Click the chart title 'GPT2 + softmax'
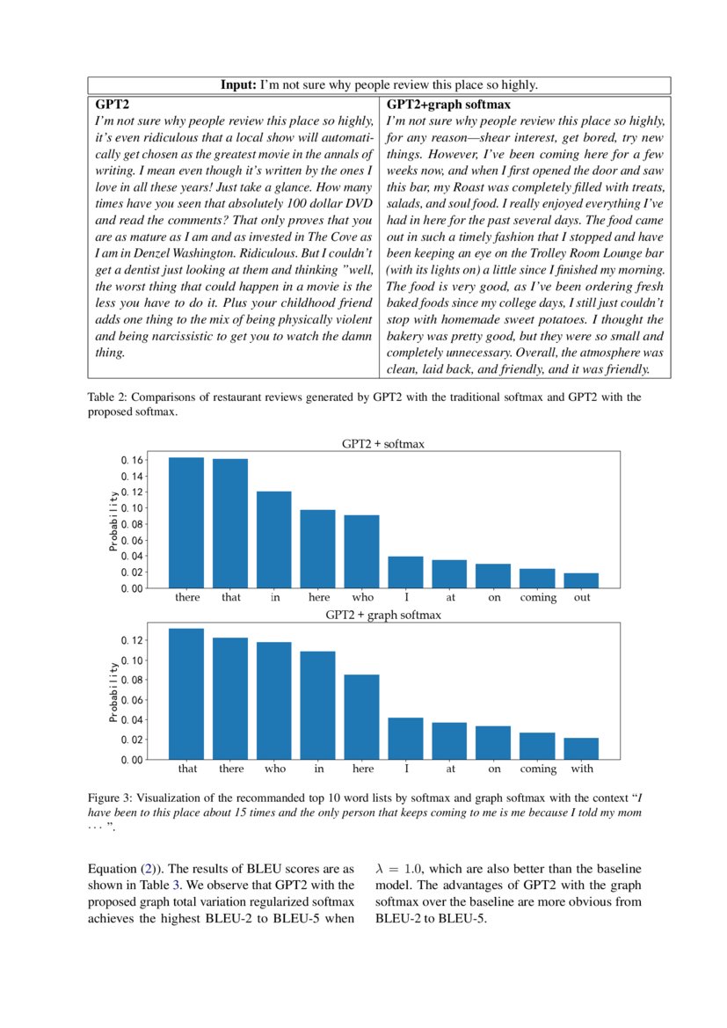[382, 444]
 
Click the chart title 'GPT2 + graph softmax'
[382, 615]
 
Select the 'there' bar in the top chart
[186, 522]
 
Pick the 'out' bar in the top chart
[581, 580]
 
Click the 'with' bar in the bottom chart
[581, 748]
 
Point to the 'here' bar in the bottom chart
[361, 717]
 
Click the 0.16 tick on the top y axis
[131, 460]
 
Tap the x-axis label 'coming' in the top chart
[537, 598]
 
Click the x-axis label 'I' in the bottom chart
[406, 769]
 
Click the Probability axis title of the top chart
[113, 521]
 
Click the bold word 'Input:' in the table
[238, 85]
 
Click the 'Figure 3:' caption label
[112, 798]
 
